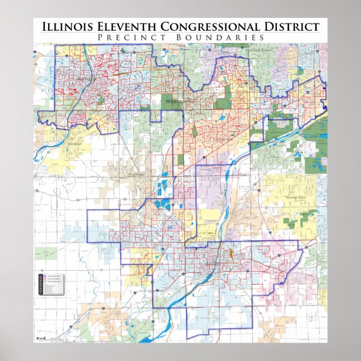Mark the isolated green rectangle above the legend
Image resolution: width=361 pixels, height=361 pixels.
[45, 253]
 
